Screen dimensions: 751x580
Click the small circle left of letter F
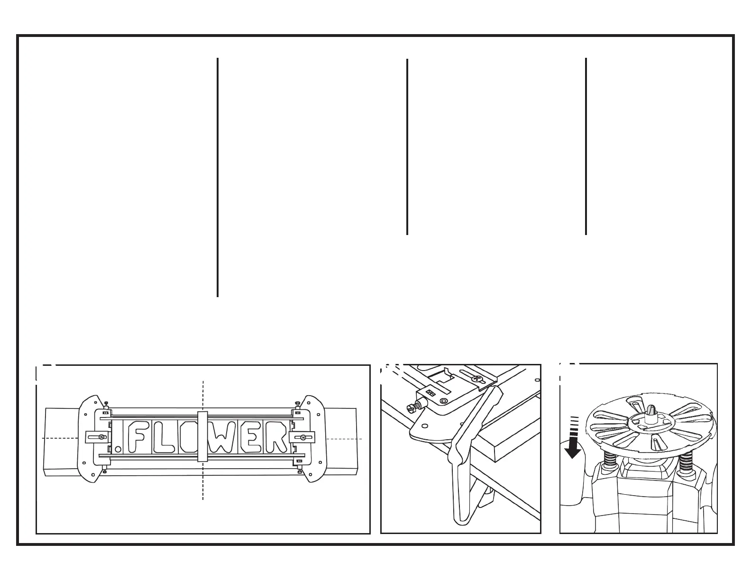[x=118, y=448]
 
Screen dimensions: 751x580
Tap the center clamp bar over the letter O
[x=202, y=436]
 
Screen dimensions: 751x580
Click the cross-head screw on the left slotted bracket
[x=101, y=437]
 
